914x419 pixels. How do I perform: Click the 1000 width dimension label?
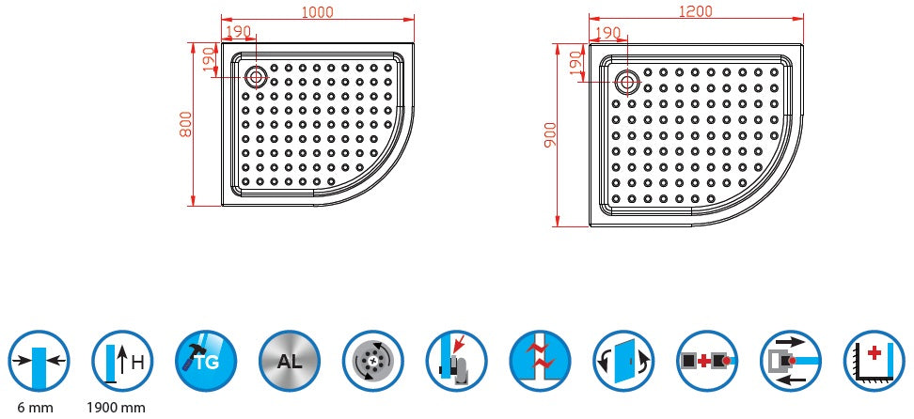tap(318, 11)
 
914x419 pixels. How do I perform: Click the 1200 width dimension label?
tap(695, 11)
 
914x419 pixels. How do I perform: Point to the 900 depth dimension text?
tap(551, 135)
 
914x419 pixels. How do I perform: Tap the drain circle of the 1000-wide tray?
tap(255, 77)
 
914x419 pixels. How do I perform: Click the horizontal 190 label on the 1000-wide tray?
tap(238, 31)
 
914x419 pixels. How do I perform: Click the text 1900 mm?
tap(116, 407)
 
